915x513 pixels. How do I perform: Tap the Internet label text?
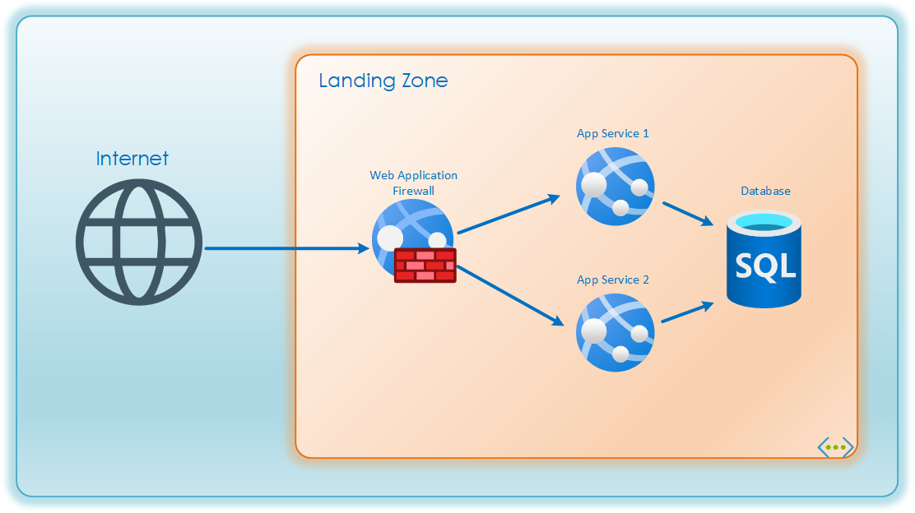pyautogui.click(x=132, y=159)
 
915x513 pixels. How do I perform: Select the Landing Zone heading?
pyautogui.click(x=383, y=81)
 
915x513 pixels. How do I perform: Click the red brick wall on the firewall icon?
pyautogui.click(x=425, y=265)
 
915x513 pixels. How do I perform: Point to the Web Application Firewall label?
pyautogui.click(x=413, y=183)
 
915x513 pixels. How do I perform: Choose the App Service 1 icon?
pyautogui.click(x=615, y=187)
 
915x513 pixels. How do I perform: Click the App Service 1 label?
pyautogui.click(x=613, y=133)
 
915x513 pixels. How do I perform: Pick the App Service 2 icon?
pyautogui.click(x=615, y=332)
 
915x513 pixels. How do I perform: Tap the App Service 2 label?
pyautogui.click(x=613, y=280)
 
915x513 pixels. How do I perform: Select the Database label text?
pyautogui.click(x=765, y=191)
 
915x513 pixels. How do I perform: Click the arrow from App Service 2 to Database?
pyautogui.click(x=688, y=312)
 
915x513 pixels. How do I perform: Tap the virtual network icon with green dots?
pyautogui.click(x=835, y=447)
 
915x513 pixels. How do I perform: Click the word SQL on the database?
pyautogui.click(x=765, y=266)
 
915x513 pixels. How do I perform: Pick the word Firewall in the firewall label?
pyautogui.click(x=413, y=191)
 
